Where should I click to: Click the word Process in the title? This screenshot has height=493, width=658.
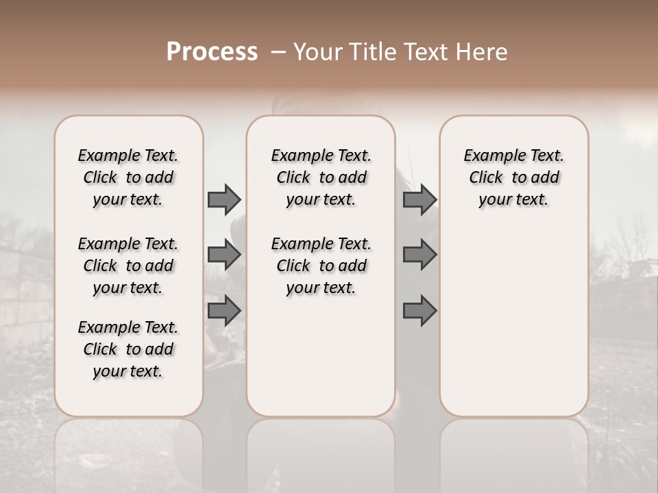[212, 52]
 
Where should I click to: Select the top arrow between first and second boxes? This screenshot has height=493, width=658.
[224, 200]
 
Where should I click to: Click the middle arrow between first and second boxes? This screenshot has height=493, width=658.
[224, 255]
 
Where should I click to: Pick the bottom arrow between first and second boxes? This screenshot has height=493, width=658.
[224, 311]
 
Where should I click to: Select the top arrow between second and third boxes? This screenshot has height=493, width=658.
[419, 200]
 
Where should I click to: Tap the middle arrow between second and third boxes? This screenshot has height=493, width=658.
[419, 255]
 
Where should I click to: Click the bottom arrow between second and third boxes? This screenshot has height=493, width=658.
[419, 311]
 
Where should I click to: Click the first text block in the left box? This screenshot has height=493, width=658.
[128, 177]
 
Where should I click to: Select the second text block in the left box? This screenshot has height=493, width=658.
[128, 266]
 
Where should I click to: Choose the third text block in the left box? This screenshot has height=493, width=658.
[128, 349]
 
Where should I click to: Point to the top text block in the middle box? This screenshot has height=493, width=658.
[321, 177]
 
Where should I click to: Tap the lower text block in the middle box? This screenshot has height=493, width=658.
[321, 266]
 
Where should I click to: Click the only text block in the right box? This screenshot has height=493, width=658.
[513, 177]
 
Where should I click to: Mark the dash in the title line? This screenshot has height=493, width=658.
[278, 52]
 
